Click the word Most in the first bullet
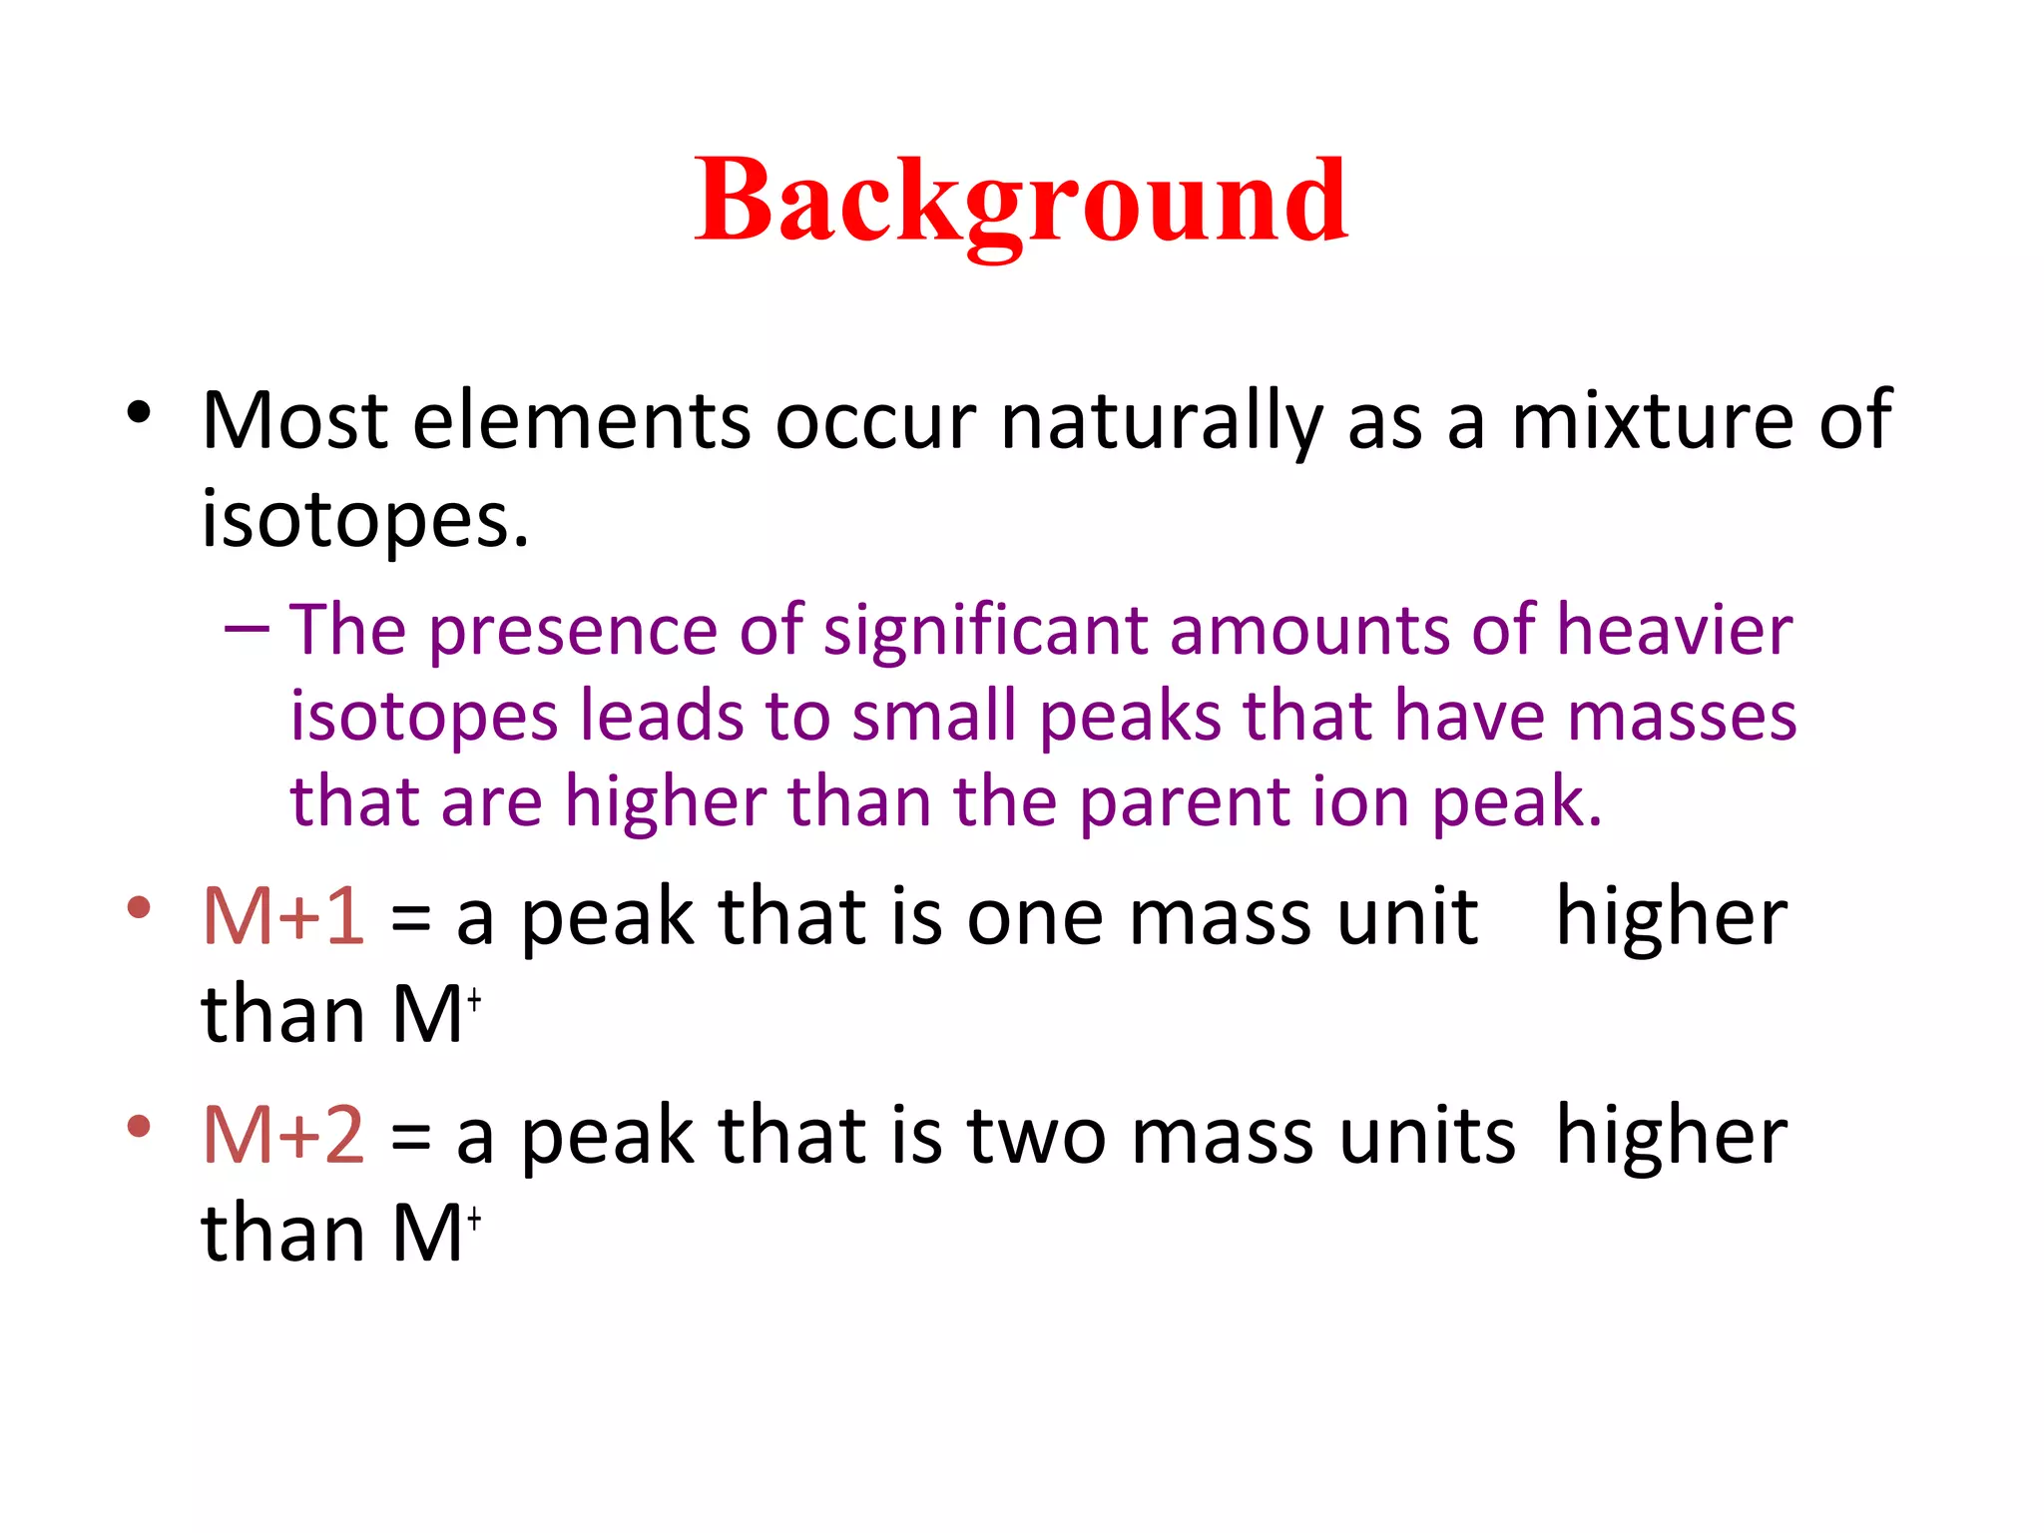pyautogui.click(x=294, y=420)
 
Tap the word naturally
pyautogui.click(x=1161, y=422)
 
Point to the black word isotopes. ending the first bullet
pyautogui.click(x=364, y=520)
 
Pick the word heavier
pyautogui.click(x=1674, y=630)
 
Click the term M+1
pyautogui.click(x=283, y=916)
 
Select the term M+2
pyautogui.click(x=283, y=1135)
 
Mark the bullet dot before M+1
pyautogui.click(x=139, y=907)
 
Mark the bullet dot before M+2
pyautogui.click(x=139, y=1126)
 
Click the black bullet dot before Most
pyautogui.click(x=139, y=411)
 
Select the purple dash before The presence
pyautogui.click(x=247, y=629)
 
